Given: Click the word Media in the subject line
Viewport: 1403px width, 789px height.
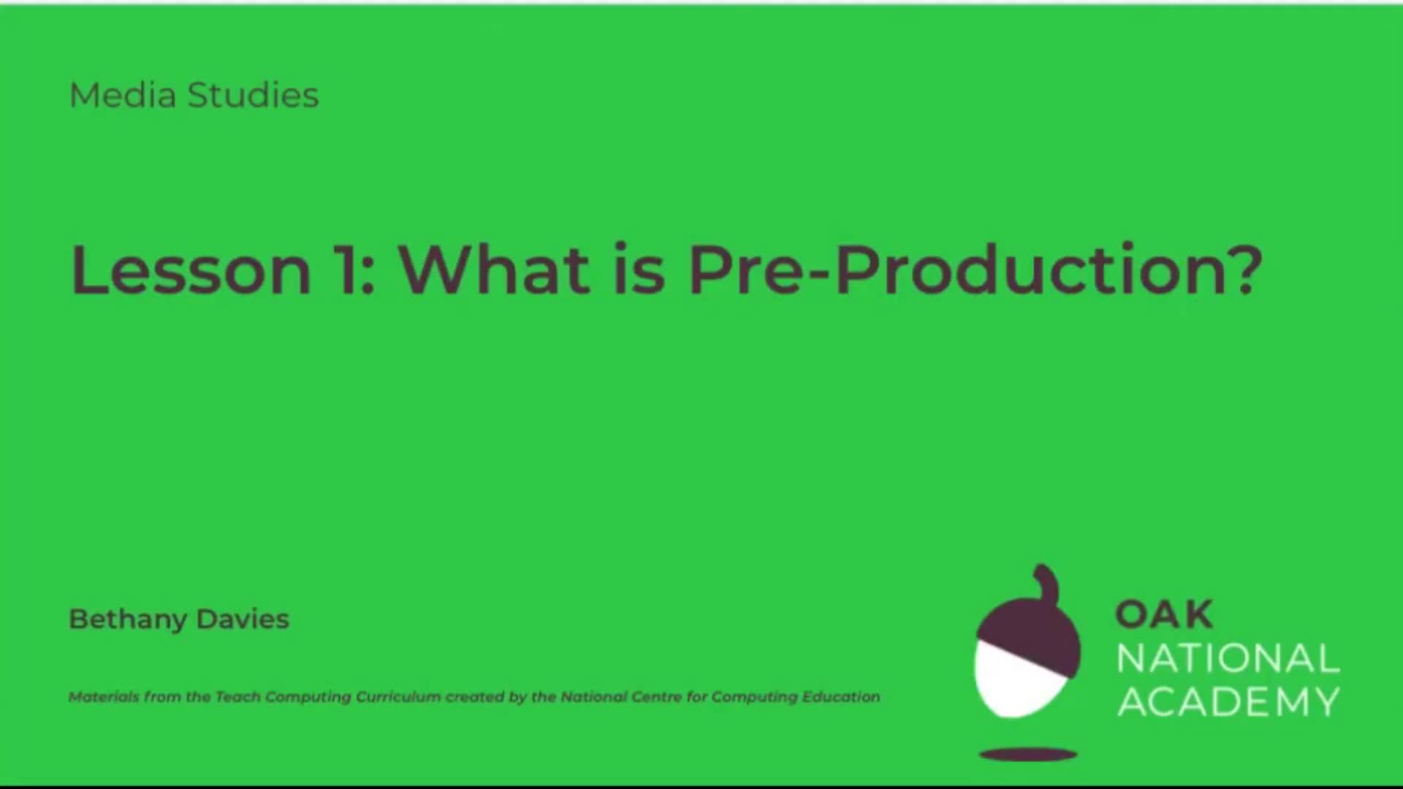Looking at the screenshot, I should (x=122, y=96).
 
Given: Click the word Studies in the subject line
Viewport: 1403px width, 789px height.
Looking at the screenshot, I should (x=253, y=96).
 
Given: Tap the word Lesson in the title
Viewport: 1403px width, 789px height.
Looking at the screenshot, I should (x=191, y=270).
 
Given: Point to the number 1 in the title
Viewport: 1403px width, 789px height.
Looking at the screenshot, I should (x=348, y=270).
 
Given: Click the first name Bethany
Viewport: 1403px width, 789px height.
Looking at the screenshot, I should (x=128, y=620).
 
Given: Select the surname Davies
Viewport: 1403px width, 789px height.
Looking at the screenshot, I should (x=243, y=620).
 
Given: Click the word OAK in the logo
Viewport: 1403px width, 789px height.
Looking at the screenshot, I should (x=1163, y=614).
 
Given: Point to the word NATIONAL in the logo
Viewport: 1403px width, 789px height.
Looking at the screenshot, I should (x=1228, y=659).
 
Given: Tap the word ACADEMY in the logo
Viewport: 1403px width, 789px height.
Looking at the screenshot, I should (x=1228, y=702).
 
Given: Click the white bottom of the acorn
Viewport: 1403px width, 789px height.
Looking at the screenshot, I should (x=1012, y=683).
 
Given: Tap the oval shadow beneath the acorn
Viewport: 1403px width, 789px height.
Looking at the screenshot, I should (x=1027, y=754).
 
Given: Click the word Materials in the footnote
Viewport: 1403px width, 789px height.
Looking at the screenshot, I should (x=103, y=697).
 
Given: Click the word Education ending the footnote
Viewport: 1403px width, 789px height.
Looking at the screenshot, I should (x=840, y=697).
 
